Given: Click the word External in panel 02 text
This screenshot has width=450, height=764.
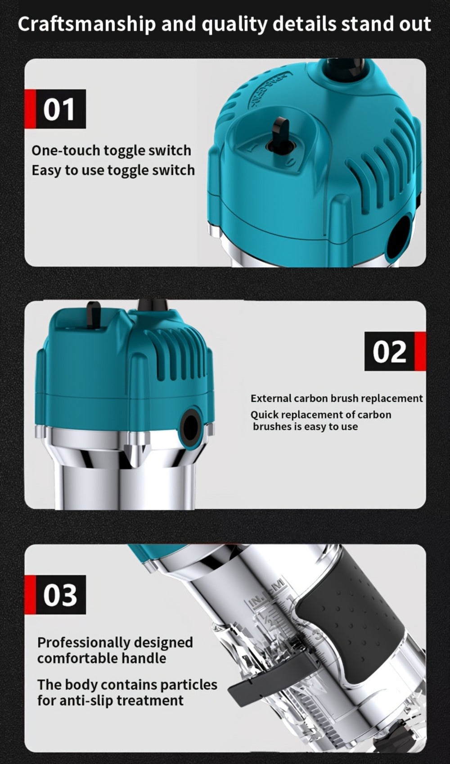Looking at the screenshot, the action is click(x=271, y=398).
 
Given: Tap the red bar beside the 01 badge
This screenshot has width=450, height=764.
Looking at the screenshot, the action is click(x=30, y=109).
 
